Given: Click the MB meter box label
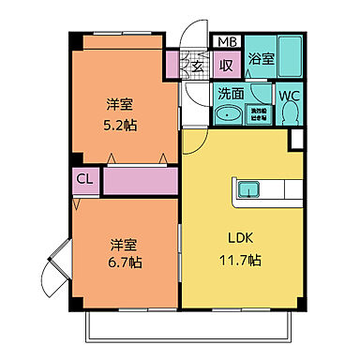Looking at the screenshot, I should click(x=227, y=42).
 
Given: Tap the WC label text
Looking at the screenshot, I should click(x=289, y=94).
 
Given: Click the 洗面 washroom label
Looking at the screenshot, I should click(x=231, y=94).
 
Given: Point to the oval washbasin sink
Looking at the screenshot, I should click(x=228, y=114).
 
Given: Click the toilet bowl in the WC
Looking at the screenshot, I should click(x=289, y=113).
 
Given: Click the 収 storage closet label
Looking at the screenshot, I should click(x=226, y=65).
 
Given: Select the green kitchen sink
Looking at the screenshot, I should click(x=247, y=189).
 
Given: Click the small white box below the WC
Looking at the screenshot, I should click(x=297, y=140).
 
